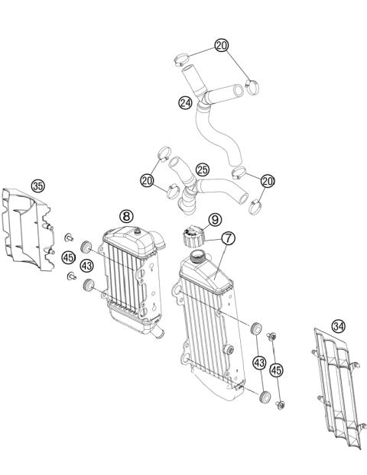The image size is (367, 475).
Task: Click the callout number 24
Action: click(x=184, y=101)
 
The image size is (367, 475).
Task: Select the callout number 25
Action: click(x=202, y=168)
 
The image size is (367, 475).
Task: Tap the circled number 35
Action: click(x=37, y=185)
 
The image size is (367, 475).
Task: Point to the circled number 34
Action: click(x=338, y=326)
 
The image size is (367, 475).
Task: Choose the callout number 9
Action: click(x=215, y=219)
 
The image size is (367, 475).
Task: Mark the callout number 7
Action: click(x=227, y=239)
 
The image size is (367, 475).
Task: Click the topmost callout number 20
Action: click(x=221, y=46)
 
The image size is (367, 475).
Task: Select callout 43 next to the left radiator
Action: click(x=86, y=265)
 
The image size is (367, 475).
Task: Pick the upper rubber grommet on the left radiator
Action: click(x=87, y=246)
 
